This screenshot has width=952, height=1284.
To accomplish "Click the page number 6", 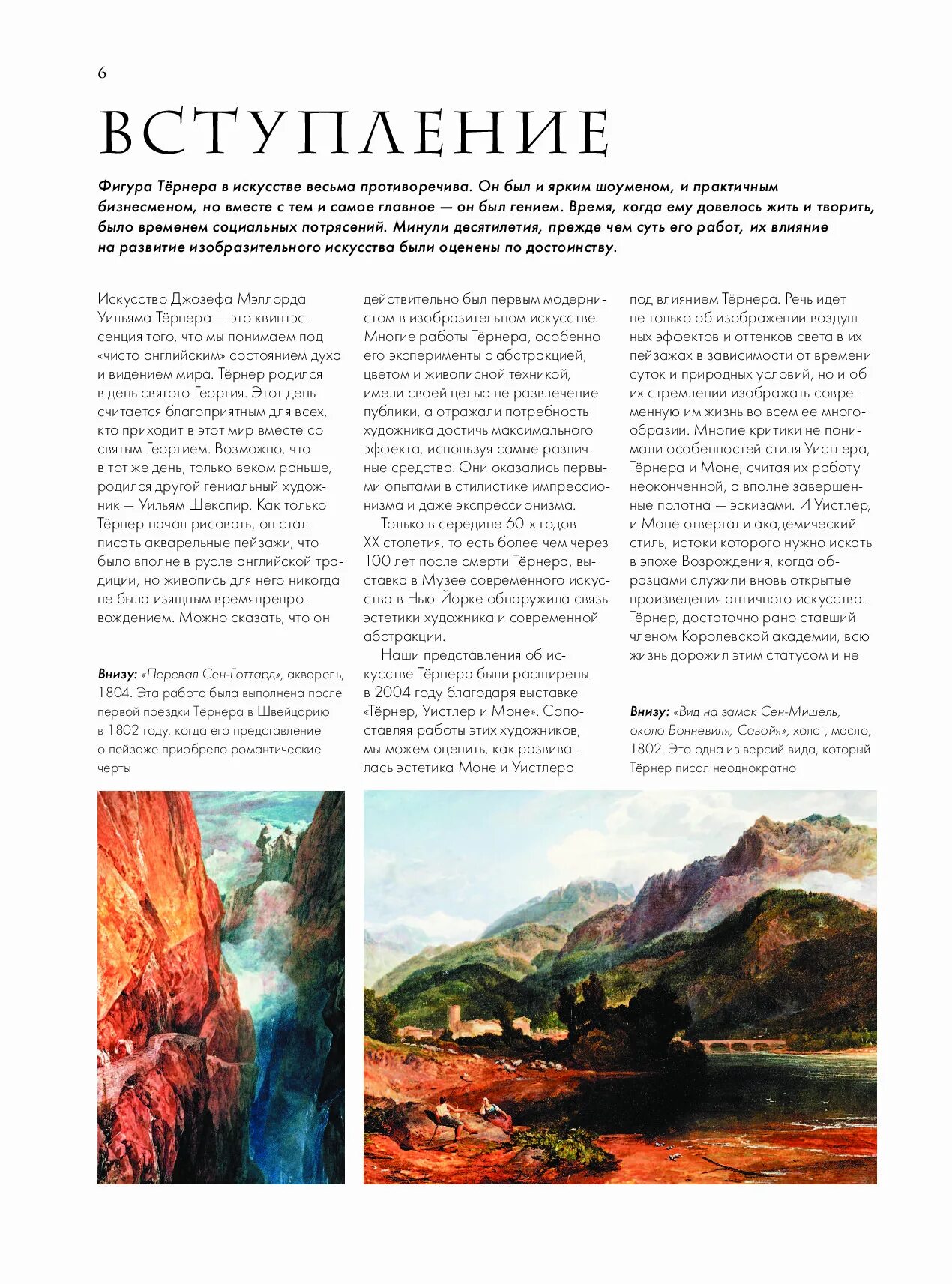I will [x=102, y=73].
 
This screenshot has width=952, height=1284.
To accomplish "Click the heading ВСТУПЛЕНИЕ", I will [x=354, y=133].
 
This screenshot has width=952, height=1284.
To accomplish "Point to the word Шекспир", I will [x=220, y=505].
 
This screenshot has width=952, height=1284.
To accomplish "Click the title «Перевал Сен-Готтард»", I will [x=211, y=674].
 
